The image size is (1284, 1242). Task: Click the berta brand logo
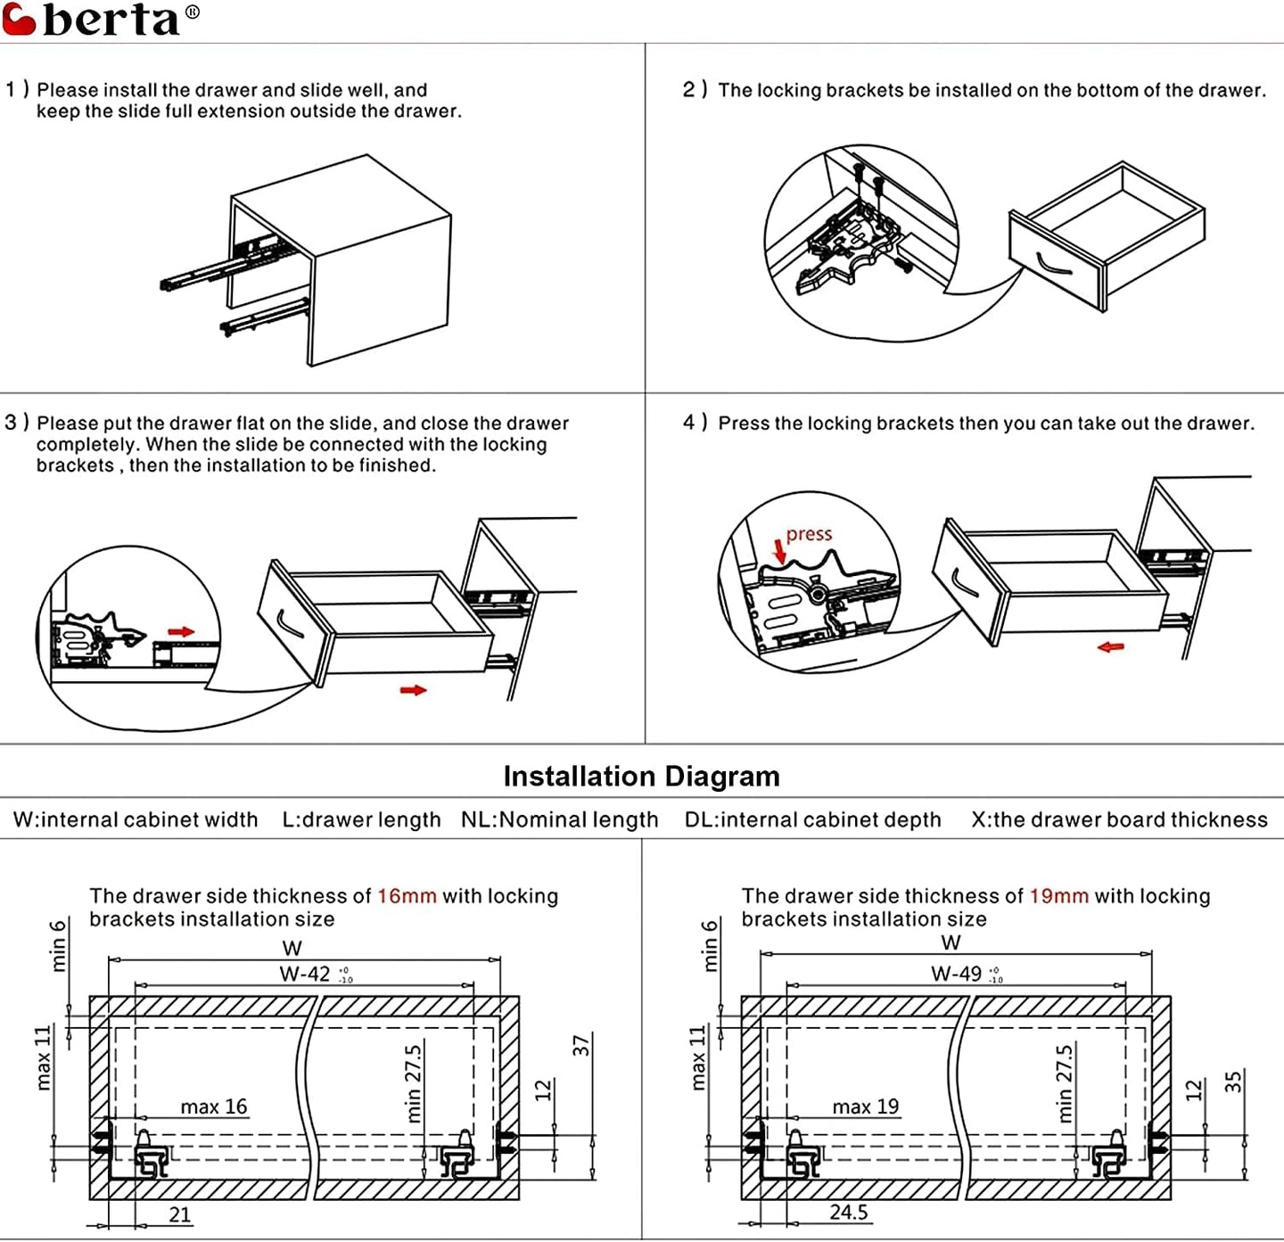click(x=100, y=20)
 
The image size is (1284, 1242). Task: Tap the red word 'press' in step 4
click(x=808, y=534)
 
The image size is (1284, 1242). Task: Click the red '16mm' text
click(x=407, y=896)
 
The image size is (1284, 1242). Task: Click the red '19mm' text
click(x=1058, y=896)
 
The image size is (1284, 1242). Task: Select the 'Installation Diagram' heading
click(x=641, y=777)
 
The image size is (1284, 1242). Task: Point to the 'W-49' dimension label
click(x=957, y=974)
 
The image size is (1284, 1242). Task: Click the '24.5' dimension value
click(x=849, y=1213)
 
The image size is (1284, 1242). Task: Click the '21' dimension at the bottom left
click(x=180, y=1214)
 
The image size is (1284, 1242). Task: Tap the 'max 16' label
click(x=213, y=1107)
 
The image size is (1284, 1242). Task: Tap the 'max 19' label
click(x=865, y=1107)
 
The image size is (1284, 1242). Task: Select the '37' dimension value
click(x=581, y=1046)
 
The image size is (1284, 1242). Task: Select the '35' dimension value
click(x=1233, y=1082)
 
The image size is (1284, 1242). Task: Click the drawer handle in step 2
click(x=1055, y=265)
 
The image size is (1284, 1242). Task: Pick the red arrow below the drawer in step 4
click(x=1110, y=646)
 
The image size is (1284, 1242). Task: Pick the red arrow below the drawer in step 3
click(x=413, y=690)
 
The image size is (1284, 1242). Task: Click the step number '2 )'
click(x=695, y=90)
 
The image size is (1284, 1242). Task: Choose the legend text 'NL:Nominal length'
click(x=559, y=820)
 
